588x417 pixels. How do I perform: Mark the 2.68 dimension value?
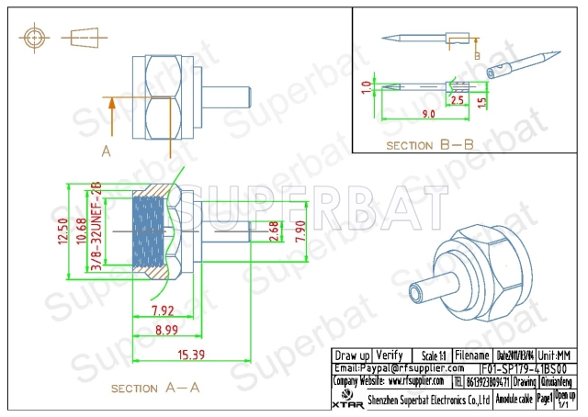point(273,231)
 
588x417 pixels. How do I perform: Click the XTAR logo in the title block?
point(346,398)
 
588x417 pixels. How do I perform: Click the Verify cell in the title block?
point(390,355)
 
